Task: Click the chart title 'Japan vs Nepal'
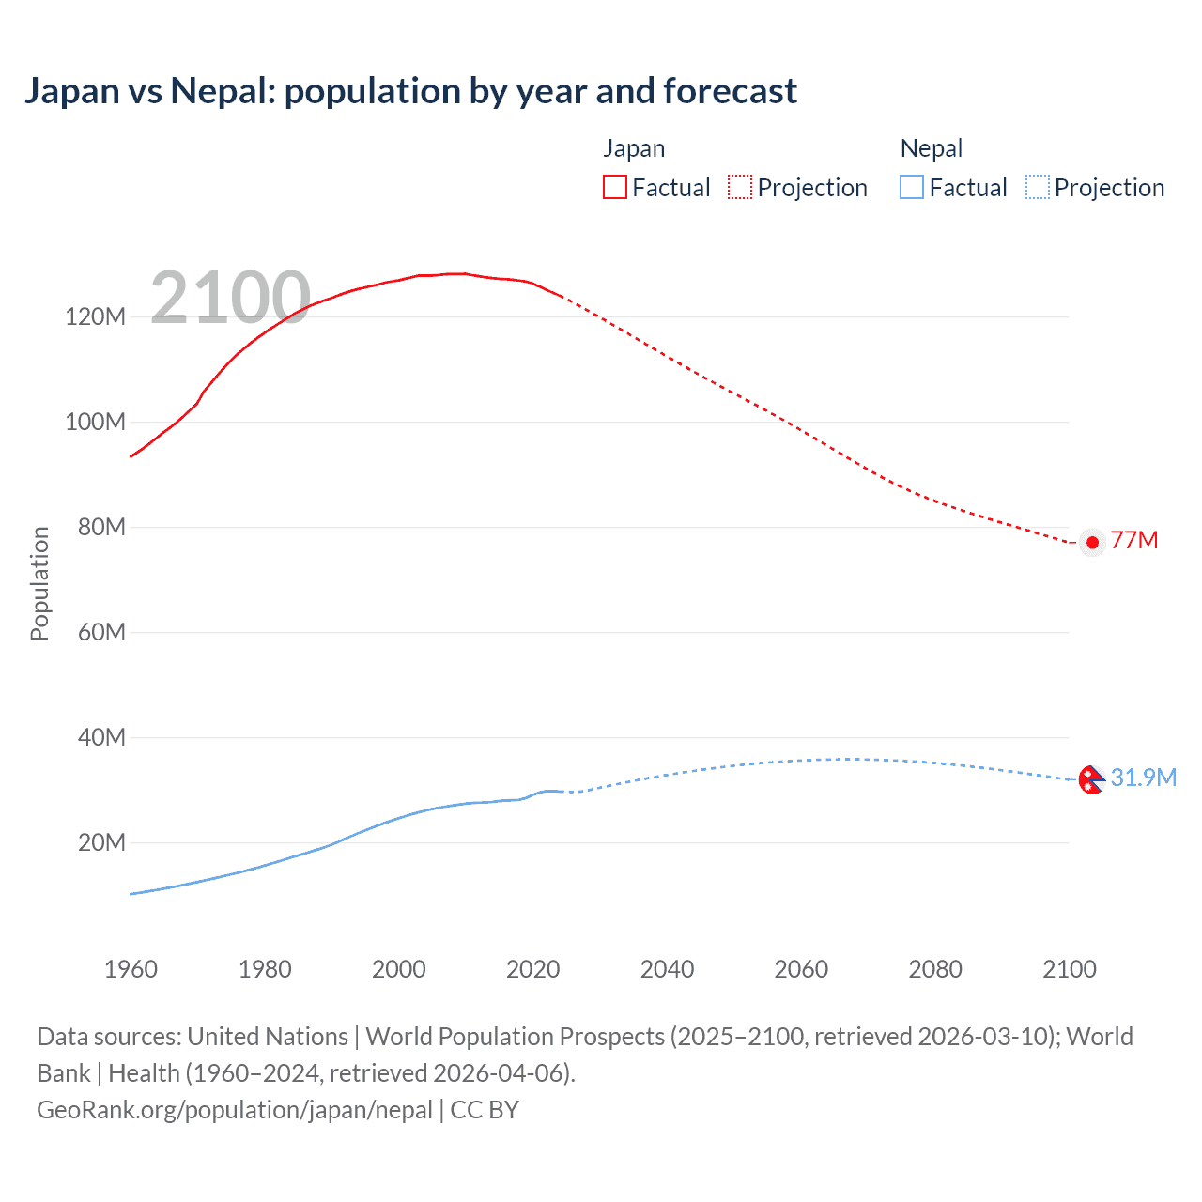tap(410, 91)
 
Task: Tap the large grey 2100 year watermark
tap(230, 298)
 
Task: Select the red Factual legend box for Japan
tap(614, 188)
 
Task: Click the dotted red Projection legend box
tap(740, 188)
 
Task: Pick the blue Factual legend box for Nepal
tap(912, 188)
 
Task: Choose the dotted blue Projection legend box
tap(1038, 188)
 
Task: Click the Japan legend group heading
tap(634, 148)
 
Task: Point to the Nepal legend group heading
tap(932, 148)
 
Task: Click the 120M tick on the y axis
tap(95, 316)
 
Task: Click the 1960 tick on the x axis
tap(131, 969)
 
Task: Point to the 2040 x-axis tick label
tap(667, 969)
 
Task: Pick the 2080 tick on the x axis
tap(935, 969)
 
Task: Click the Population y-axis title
tap(39, 583)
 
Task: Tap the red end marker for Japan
tap(1091, 542)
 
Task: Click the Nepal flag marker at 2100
tap(1090, 779)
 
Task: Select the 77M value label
tap(1134, 540)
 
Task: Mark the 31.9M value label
tap(1143, 778)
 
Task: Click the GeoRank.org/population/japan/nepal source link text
tap(235, 1109)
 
